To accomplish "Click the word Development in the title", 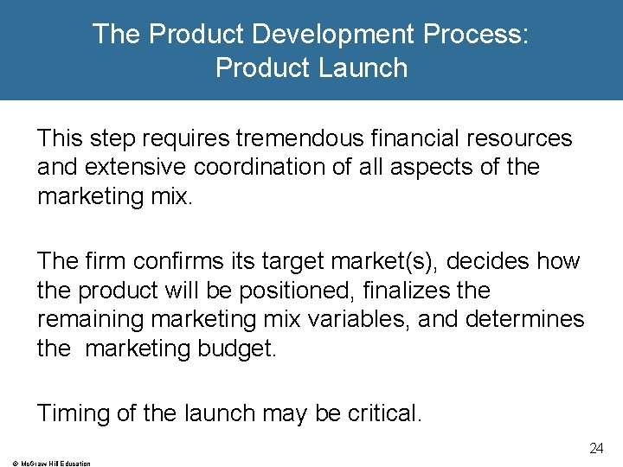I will (330, 34).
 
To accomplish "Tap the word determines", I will (525, 319).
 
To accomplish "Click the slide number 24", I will (595, 448).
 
